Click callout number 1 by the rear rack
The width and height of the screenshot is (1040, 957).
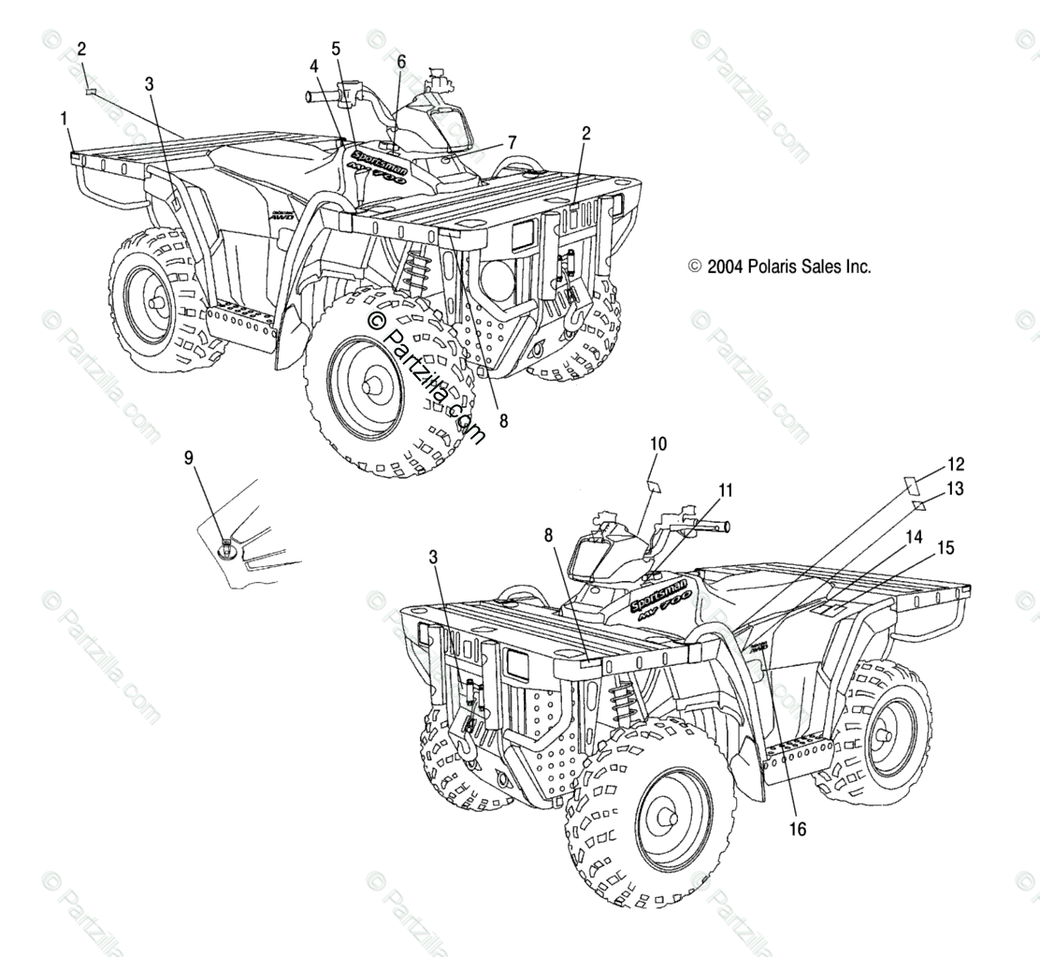click(x=64, y=119)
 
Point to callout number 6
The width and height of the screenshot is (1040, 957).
click(x=401, y=62)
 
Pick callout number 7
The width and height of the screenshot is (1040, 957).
click(x=512, y=142)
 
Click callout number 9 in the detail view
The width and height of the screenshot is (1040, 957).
click(x=189, y=457)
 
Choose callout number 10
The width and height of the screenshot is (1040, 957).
click(x=657, y=443)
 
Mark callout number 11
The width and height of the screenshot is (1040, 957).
click(x=726, y=489)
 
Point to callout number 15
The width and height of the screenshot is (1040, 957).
click(x=946, y=548)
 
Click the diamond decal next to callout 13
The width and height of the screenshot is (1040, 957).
click(x=919, y=506)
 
